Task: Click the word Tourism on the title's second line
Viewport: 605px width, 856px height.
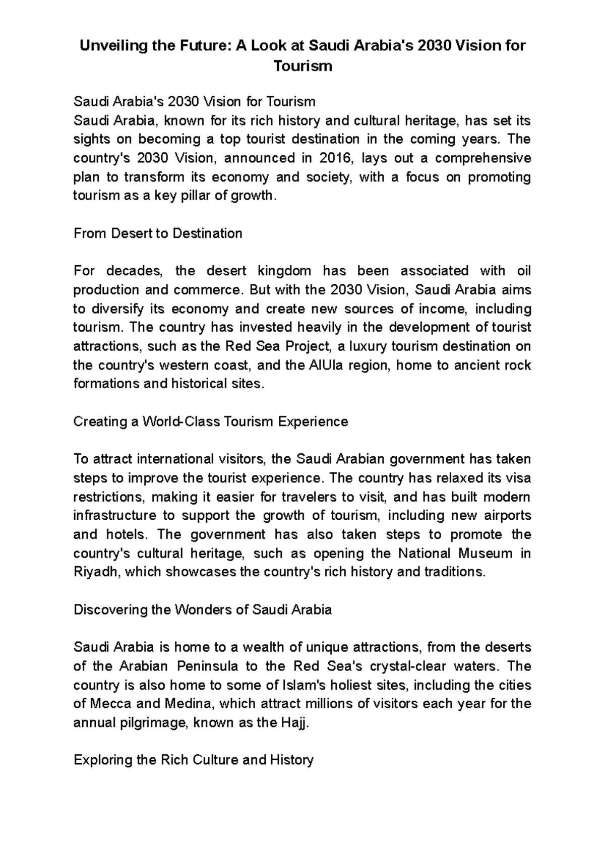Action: click(x=302, y=66)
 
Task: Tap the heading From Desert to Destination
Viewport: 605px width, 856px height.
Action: click(x=158, y=233)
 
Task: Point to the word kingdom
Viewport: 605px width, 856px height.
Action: click(x=284, y=271)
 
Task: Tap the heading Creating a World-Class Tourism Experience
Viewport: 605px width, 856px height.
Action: click(x=211, y=421)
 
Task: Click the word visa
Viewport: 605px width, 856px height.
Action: click(x=518, y=478)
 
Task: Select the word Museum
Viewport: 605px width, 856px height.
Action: click(x=485, y=554)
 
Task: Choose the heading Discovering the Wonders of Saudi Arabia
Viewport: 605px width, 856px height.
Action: click(x=203, y=610)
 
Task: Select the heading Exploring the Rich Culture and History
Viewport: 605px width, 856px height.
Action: click(x=194, y=760)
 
